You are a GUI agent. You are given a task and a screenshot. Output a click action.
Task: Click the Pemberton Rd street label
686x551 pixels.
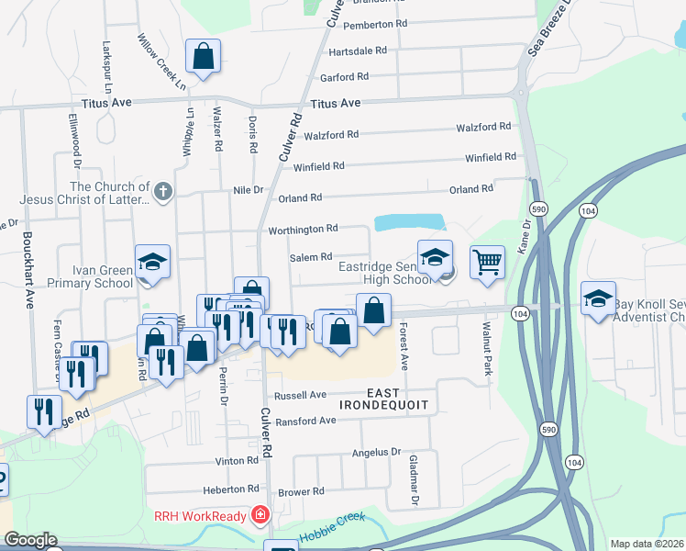pyautogui.click(x=374, y=24)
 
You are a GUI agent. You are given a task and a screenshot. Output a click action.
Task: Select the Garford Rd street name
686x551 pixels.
pyautogui.click(x=344, y=77)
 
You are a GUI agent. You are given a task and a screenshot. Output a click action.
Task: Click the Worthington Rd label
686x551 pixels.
pyautogui.click(x=303, y=229)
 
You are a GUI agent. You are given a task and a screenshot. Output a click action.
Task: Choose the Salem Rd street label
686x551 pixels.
pyautogui.click(x=310, y=258)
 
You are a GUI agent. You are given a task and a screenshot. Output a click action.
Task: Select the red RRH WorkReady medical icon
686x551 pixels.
pyautogui.click(x=261, y=513)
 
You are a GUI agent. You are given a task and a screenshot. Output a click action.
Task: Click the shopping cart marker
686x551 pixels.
pyautogui.click(x=487, y=262)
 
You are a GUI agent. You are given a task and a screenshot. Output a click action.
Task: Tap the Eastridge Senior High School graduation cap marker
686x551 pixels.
pyautogui.click(x=435, y=256)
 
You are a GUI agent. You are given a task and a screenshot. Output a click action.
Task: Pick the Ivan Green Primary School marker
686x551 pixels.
pyautogui.click(x=152, y=261)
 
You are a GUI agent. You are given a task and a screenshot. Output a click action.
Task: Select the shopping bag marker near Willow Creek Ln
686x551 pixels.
pyautogui.click(x=203, y=56)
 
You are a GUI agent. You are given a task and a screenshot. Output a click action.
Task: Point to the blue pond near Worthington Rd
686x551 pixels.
pyautogui.click(x=409, y=222)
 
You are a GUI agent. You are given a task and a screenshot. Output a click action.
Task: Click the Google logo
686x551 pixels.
pyautogui.click(x=30, y=540)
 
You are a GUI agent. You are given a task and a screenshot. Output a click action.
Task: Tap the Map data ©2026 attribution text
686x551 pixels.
pyautogui.click(x=647, y=544)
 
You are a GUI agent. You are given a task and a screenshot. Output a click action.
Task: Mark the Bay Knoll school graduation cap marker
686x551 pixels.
pyautogui.click(x=598, y=298)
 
